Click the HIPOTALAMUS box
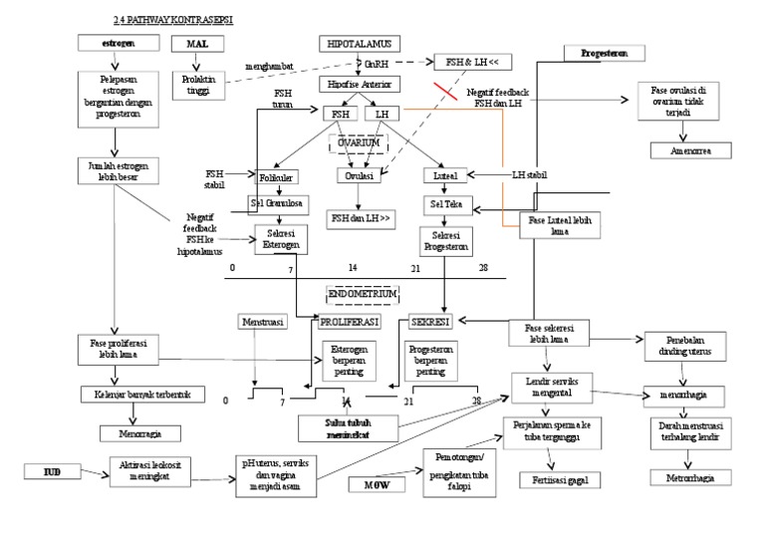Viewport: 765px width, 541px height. [x=360, y=44]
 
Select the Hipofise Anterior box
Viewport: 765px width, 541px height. [x=360, y=85]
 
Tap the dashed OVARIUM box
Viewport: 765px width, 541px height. [x=358, y=142]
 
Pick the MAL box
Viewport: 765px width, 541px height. [x=197, y=44]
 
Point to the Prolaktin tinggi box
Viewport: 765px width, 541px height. [x=200, y=85]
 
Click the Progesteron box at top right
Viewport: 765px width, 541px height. [x=604, y=53]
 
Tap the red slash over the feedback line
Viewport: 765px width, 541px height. [x=445, y=93]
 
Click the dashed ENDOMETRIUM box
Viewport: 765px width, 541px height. [x=364, y=295]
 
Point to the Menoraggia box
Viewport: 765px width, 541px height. [x=139, y=433]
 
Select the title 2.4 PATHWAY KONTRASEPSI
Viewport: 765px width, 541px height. [x=175, y=19]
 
